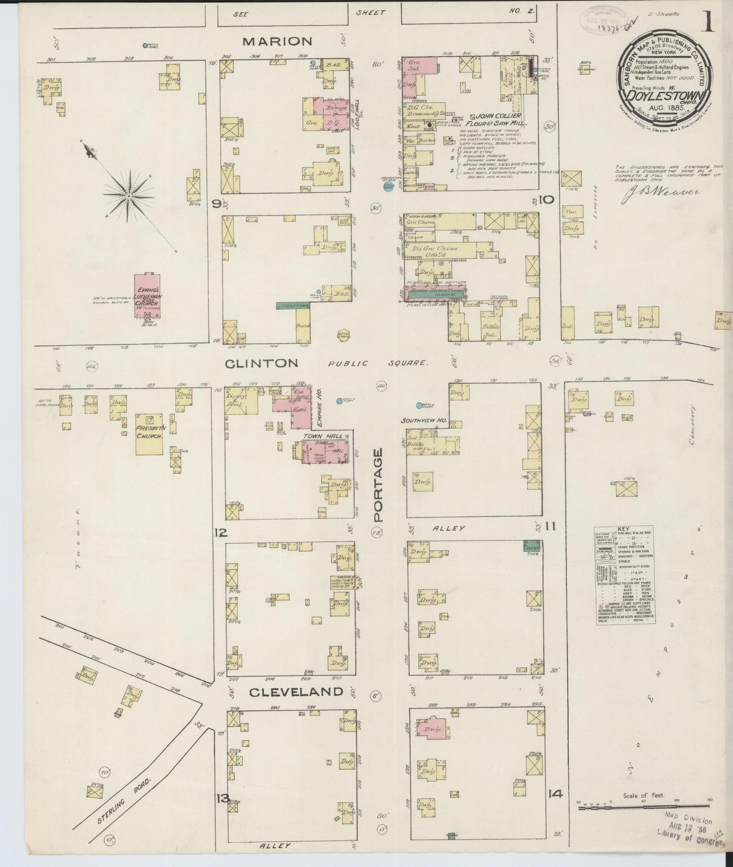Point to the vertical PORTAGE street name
click(378, 484)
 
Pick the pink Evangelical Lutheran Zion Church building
click(147, 296)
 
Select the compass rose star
click(129, 195)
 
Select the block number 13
click(222, 811)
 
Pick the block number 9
click(217, 204)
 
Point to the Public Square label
click(378, 363)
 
